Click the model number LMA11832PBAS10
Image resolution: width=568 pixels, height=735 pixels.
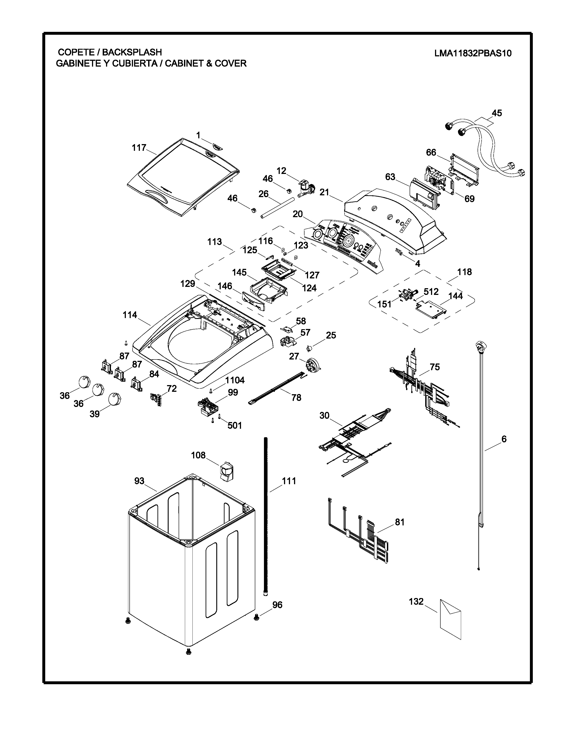(x=473, y=53)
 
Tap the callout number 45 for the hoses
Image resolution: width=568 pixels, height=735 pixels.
(x=497, y=113)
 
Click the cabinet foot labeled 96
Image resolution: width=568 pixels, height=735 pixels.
(x=257, y=617)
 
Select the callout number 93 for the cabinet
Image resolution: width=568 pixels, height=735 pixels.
(x=139, y=481)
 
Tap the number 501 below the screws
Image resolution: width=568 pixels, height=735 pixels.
(x=235, y=425)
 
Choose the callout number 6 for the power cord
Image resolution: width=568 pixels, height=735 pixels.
(x=504, y=439)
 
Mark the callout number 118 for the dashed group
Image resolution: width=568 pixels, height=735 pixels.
(x=464, y=272)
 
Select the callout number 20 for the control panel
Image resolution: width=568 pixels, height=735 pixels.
(x=297, y=214)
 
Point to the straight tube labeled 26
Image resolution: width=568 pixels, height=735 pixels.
(x=277, y=209)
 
